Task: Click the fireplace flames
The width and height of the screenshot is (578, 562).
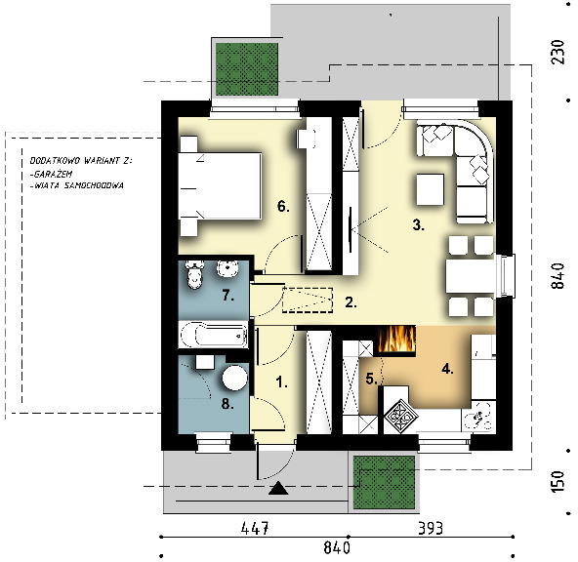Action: (397, 340)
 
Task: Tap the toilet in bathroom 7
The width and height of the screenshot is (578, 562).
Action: (194, 274)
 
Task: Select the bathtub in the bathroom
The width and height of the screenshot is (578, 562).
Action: (213, 335)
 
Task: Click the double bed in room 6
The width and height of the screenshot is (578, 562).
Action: (220, 185)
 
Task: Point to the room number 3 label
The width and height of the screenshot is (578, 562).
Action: (418, 224)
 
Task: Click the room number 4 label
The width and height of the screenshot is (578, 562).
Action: (447, 369)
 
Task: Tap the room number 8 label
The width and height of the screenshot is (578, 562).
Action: (227, 404)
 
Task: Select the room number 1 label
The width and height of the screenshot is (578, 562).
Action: (282, 382)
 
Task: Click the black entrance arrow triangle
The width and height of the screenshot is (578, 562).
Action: (278, 488)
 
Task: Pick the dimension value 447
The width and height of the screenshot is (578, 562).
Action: (255, 529)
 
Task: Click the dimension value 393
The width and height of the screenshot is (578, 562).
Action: (430, 529)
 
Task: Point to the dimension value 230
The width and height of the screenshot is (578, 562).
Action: (557, 52)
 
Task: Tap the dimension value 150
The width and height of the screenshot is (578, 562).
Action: (557, 481)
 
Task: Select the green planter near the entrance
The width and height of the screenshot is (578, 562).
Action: (384, 482)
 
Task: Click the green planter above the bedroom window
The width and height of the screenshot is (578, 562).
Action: (247, 69)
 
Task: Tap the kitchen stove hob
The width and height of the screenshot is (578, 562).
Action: (401, 417)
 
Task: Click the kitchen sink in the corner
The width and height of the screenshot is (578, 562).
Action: (478, 417)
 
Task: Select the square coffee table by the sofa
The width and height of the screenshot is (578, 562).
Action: (430, 189)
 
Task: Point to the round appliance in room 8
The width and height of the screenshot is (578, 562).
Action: (234, 378)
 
